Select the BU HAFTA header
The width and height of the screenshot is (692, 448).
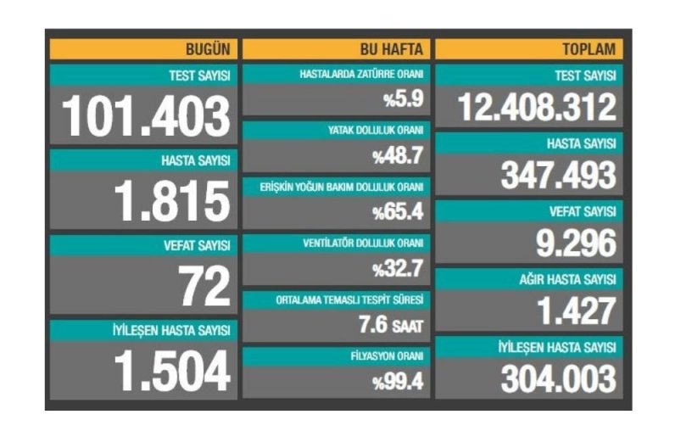pos(396,49)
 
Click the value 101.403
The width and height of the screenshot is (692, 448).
pos(147,116)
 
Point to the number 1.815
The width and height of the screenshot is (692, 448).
pos(172,202)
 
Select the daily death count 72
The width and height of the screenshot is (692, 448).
pos(204,288)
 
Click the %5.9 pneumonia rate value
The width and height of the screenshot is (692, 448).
pos(402,100)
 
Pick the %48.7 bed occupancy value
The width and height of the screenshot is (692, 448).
pos(397,156)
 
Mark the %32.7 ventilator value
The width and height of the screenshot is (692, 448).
pos(397,269)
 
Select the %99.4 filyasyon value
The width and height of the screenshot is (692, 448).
pos(397,381)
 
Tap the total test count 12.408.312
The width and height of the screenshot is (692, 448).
pos(537,108)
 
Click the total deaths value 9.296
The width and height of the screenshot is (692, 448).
pos(575,244)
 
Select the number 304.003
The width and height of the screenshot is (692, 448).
pos(558,378)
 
